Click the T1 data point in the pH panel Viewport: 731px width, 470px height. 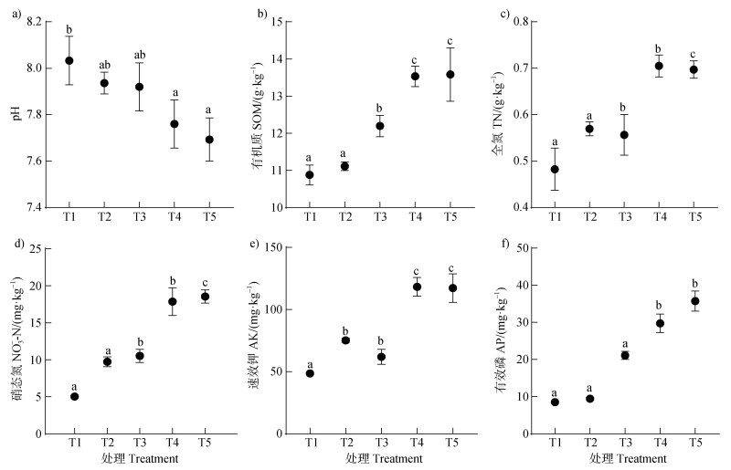tap(69, 61)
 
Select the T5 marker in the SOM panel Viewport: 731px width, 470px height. tap(450, 74)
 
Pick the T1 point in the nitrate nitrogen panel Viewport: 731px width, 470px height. tap(74, 396)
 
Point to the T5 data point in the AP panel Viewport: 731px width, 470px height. tap(694, 301)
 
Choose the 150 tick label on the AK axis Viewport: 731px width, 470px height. tap(270, 248)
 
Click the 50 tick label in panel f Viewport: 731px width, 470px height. tap(521, 248)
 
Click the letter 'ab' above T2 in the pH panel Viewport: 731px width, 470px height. tap(104, 65)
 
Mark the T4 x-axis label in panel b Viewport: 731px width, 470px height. tap(415, 216)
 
